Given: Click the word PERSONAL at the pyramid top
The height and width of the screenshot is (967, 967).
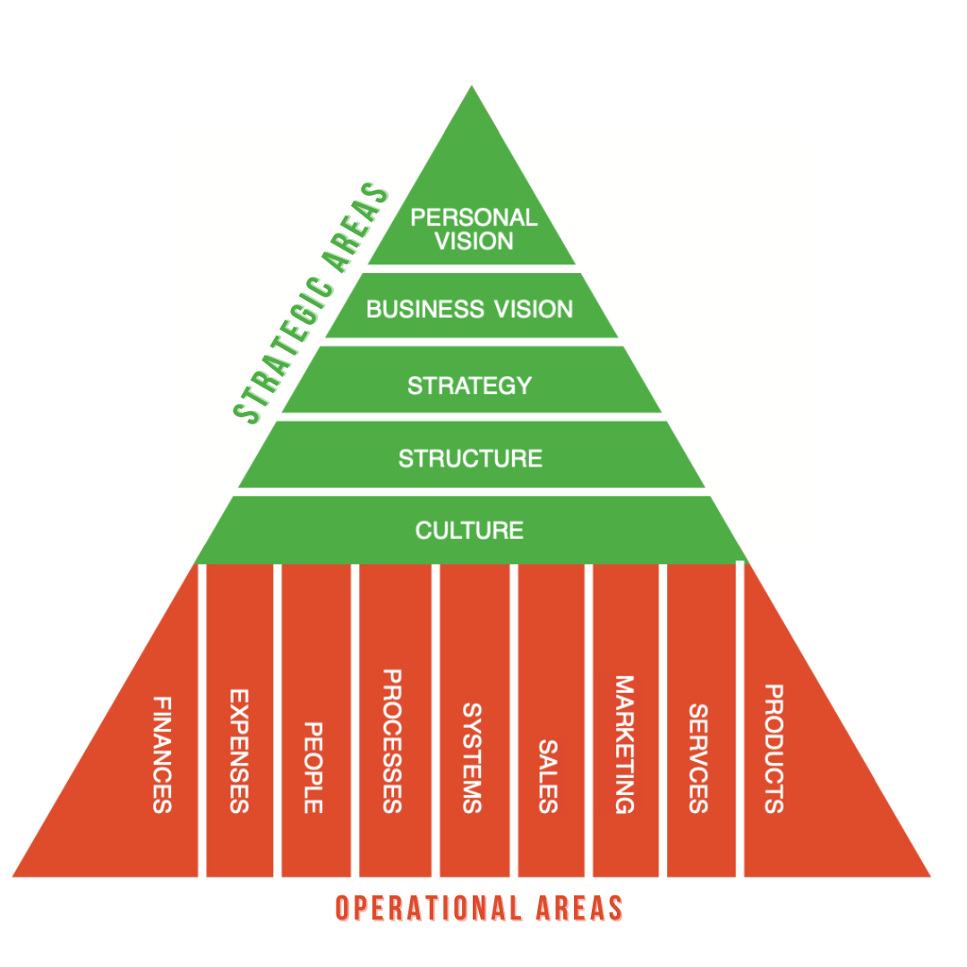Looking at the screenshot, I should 474,218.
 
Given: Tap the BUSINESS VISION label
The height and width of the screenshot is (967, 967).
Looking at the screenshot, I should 469,310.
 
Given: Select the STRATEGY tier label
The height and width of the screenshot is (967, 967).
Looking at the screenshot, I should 469,386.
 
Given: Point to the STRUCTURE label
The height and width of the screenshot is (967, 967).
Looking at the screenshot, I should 470,458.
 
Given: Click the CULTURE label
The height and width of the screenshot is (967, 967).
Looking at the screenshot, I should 469,530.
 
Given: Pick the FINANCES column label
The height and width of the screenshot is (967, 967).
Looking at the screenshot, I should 162,754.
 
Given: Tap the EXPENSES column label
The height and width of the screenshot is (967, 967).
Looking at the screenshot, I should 238,750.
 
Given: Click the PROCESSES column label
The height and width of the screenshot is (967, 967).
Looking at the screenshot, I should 391,740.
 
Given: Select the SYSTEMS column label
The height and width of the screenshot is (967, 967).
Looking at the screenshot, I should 472,757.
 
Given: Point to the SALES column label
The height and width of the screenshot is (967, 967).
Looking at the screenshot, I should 548,775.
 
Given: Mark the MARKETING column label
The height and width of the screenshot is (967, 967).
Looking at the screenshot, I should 624,744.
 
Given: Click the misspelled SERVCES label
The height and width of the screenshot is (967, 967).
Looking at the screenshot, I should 699,757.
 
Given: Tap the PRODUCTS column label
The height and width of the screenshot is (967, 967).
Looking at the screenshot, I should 774,749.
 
